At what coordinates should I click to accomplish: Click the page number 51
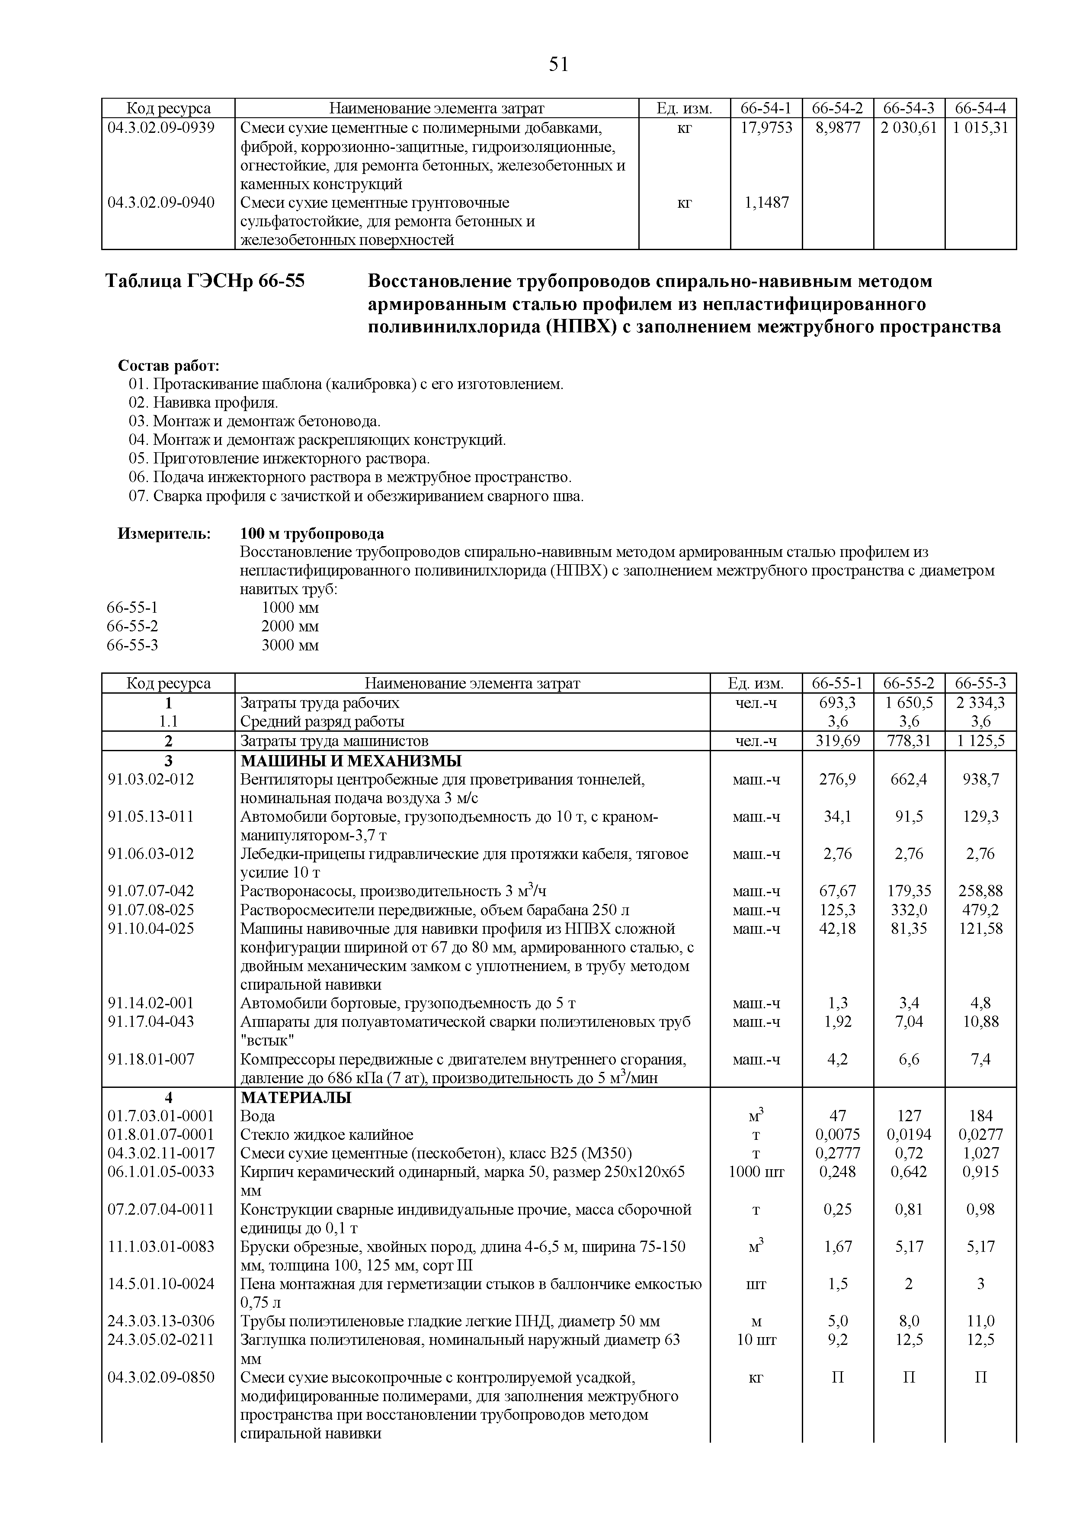tap(558, 64)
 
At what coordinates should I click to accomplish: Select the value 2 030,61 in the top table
tap(909, 128)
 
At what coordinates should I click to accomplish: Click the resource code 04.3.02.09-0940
tap(161, 203)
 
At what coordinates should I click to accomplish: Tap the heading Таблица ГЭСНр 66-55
tap(205, 281)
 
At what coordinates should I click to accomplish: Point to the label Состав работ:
tap(169, 366)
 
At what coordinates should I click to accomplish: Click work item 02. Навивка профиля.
tap(204, 402)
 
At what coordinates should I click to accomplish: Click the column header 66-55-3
tap(980, 683)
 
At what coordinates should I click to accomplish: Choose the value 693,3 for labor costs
tap(837, 702)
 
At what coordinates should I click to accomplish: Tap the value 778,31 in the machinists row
tap(909, 740)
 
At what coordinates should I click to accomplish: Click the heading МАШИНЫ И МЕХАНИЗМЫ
tap(351, 760)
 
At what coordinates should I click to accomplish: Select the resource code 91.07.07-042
tap(151, 891)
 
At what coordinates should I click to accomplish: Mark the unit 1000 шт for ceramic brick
tap(756, 1171)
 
